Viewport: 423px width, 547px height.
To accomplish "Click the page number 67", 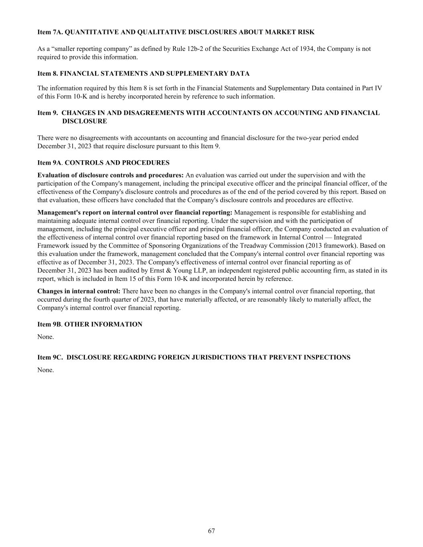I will point(211,531).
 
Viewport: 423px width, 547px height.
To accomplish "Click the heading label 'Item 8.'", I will point(48,74).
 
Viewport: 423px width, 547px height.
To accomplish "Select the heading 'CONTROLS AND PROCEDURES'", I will point(117,163).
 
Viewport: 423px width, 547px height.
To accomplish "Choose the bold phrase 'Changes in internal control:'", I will point(79,291).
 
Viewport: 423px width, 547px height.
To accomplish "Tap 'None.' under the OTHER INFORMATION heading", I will point(45,337).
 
